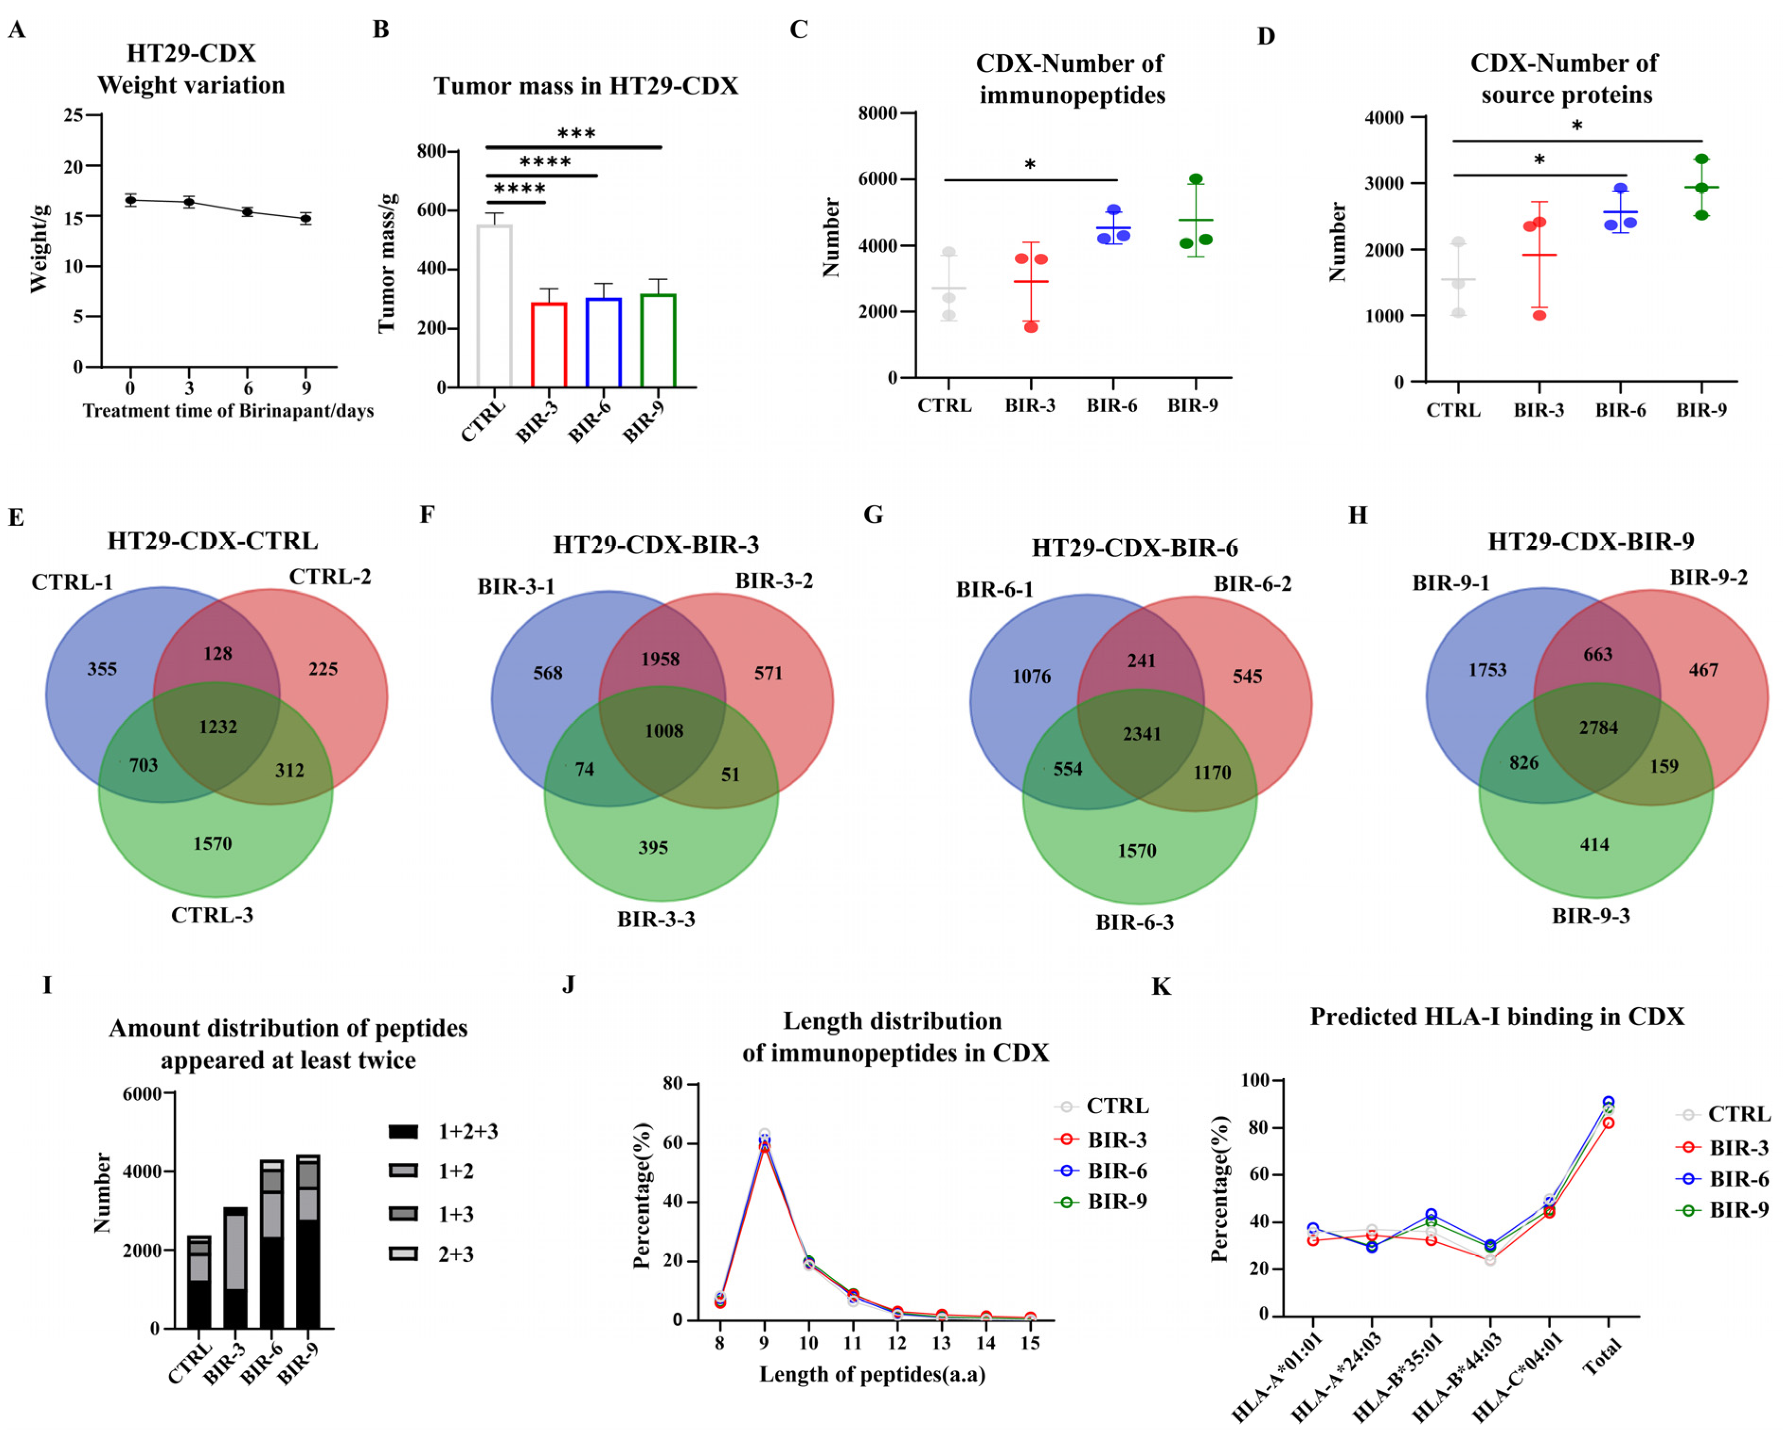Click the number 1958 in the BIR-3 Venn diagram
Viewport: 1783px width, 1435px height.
[660, 659]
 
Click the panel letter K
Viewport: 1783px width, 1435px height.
[1161, 987]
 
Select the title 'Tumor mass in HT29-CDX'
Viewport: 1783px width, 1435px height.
[585, 86]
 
